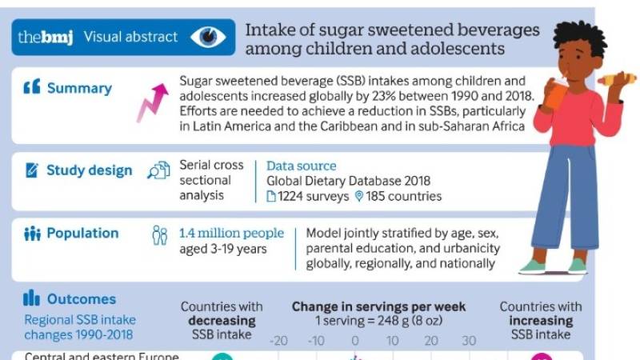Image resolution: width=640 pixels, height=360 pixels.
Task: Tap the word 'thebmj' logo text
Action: click(46, 37)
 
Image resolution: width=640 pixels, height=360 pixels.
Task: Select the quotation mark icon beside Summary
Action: click(31, 88)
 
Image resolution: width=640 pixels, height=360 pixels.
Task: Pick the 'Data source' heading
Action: click(301, 166)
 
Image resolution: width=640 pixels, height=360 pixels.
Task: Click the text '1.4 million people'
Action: click(231, 233)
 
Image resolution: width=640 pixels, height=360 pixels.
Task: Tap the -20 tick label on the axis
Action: click(278, 341)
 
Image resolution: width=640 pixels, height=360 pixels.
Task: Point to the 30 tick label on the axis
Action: click(469, 341)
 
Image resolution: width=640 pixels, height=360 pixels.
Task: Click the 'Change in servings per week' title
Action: click(378, 306)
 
